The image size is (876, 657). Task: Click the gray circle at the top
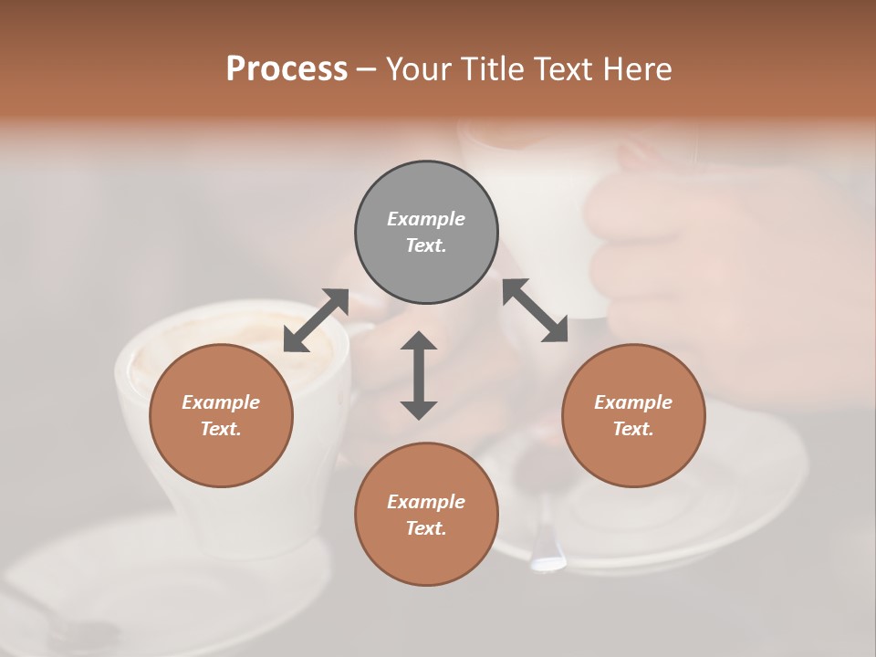coord(426,232)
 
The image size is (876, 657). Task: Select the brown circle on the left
coord(221,415)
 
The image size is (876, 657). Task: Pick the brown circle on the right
coord(633,415)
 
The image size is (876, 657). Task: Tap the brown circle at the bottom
coord(426,515)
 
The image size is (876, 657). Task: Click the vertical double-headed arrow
coord(419,375)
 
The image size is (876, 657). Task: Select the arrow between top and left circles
coord(316,320)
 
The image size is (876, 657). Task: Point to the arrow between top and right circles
coord(536,310)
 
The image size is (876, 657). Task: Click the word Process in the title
coord(287,68)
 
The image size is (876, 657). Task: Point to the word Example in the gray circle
coord(426,219)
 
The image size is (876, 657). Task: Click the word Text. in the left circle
coord(221,429)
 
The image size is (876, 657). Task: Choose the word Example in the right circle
coord(633,402)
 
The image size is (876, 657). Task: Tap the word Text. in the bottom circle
coord(426,528)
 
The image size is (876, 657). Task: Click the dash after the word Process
coord(367,69)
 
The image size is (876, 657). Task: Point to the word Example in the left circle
coord(221,402)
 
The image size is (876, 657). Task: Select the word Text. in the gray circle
coord(426,245)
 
